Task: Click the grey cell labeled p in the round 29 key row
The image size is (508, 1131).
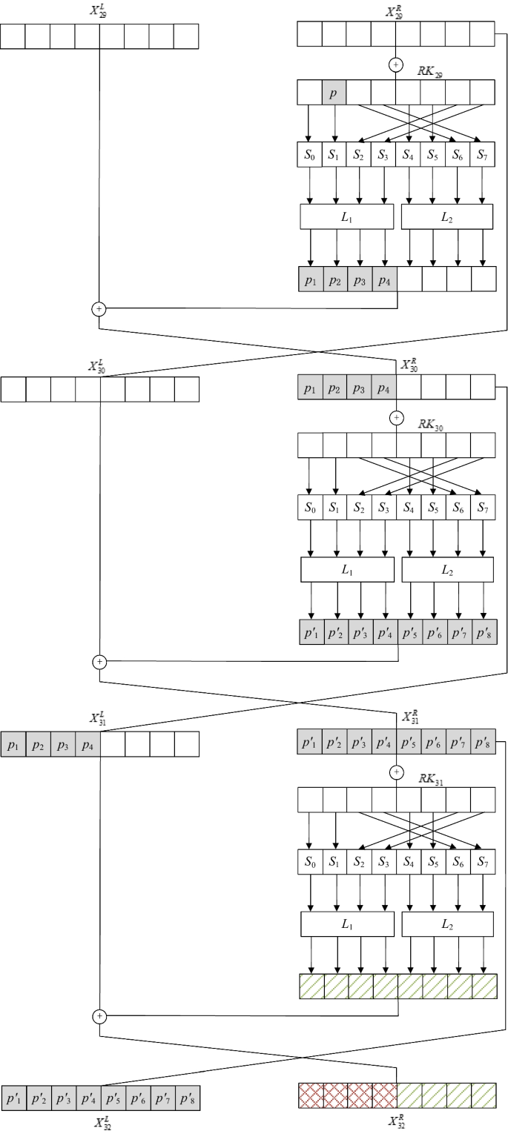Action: point(334,92)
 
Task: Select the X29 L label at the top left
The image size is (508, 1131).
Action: point(99,13)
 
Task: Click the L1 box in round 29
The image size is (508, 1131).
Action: point(346,216)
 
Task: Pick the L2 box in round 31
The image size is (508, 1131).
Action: point(447,923)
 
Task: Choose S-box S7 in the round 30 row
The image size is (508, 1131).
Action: point(482,507)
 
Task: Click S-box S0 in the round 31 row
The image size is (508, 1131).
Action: point(310,861)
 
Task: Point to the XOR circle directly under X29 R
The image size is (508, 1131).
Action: point(395,65)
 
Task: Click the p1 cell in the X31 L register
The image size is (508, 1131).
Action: point(13,744)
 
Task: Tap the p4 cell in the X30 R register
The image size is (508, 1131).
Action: point(384,388)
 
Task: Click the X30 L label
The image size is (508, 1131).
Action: point(100,366)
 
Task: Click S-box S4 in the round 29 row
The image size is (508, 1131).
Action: point(409,155)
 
